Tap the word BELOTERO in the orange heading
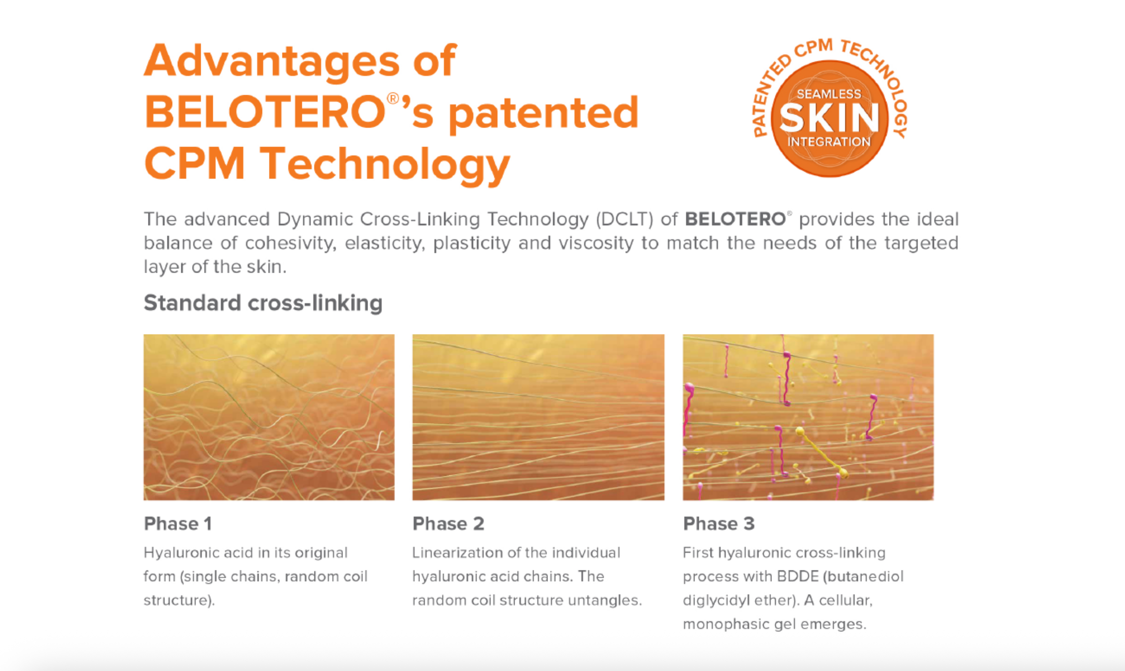point(265,112)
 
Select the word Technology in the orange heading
point(385,165)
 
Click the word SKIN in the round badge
point(829,118)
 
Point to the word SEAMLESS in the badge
point(829,94)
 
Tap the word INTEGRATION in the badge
point(829,142)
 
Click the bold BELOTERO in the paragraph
point(735,219)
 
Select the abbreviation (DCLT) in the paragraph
point(624,219)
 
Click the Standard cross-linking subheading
point(263,303)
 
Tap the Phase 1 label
point(178,524)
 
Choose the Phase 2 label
point(448,524)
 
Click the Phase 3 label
point(719,524)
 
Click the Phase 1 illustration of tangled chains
point(269,417)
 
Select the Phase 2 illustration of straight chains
point(538,417)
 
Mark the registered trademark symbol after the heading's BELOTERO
point(393,99)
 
